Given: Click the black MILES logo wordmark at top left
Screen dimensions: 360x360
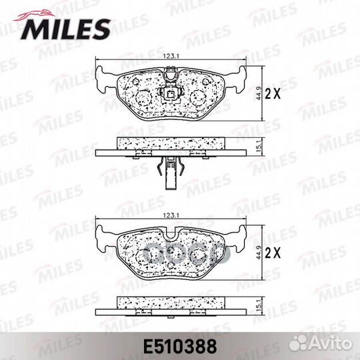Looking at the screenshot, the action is [x=66, y=29].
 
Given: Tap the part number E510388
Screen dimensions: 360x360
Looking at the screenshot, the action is [x=180, y=347].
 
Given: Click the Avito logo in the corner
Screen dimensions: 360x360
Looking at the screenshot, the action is [x=321, y=344].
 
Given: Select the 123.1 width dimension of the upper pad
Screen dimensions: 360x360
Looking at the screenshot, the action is [x=171, y=56].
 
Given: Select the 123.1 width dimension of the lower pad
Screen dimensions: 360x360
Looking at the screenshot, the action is [x=171, y=215].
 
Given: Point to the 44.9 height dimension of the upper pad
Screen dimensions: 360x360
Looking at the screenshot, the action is [x=259, y=93].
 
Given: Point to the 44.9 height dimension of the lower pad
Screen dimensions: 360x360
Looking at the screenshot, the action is [x=259, y=253].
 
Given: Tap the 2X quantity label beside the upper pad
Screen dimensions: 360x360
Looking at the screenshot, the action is [x=273, y=93].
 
